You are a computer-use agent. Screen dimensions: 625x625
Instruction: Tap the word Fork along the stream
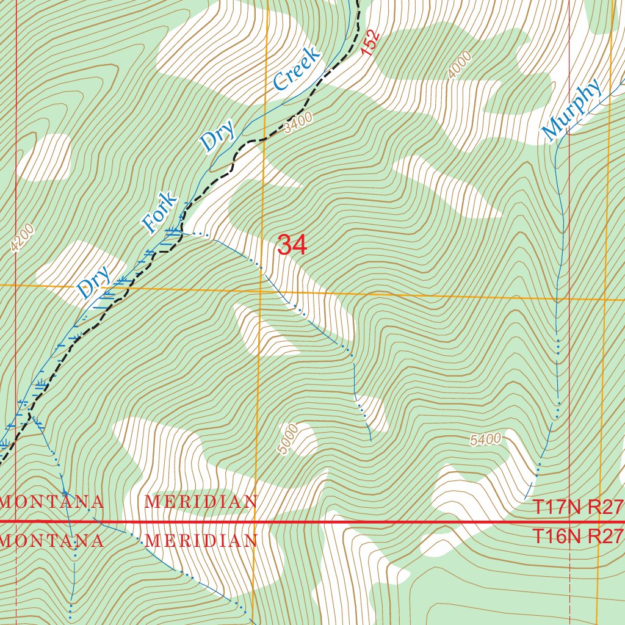(x=160, y=213)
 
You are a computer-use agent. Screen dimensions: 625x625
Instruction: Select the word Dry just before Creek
(x=218, y=137)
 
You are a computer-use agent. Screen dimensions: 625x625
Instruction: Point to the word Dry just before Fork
(x=93, y=282)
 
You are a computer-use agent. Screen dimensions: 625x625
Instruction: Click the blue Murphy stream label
(x=571, y=109)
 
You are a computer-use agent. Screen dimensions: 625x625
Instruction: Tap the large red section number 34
(x=292, y=245)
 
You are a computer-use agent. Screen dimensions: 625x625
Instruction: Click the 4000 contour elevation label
(x=459, y=65)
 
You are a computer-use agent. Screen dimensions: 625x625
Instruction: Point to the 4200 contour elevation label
(x=23, y=239)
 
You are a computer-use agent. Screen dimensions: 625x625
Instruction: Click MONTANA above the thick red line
(x=52, y=502)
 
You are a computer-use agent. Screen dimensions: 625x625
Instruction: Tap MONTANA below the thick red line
(x=52, y=541)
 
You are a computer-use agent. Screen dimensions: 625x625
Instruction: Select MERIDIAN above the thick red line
(x=201, y=502)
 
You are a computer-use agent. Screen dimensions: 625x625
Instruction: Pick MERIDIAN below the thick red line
(x=201, y=541)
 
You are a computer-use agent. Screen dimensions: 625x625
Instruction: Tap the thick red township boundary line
(x=366, y=522)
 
